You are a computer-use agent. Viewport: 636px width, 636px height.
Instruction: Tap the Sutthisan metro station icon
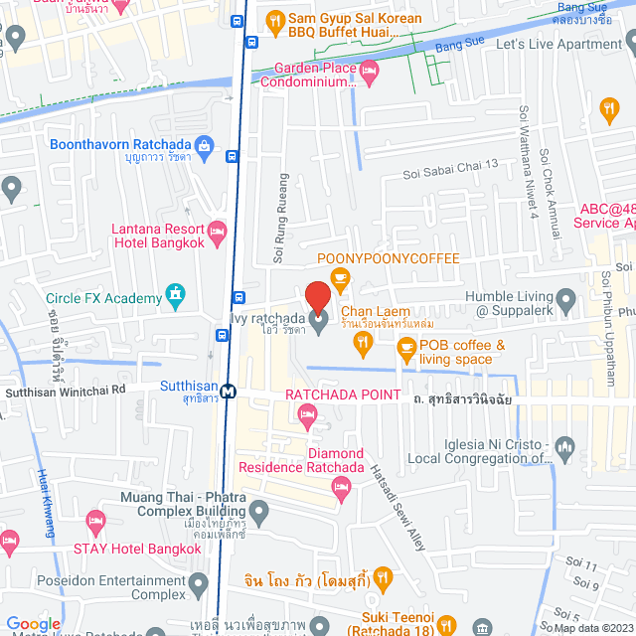(229, 391)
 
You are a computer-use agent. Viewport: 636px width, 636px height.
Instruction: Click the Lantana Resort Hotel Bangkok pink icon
(218, 233)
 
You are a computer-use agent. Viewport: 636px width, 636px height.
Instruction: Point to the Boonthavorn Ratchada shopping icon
(205, 146)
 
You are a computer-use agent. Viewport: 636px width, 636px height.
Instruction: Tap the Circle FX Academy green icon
(176, 295)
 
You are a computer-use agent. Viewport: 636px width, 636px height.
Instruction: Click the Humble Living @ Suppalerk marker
(565, 297)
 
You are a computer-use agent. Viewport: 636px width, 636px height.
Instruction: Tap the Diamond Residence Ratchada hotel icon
(342, 486)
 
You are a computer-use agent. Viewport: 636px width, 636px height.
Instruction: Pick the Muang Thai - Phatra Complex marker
(260, 513)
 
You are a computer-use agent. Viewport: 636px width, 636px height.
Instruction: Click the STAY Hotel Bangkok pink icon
(95, 520)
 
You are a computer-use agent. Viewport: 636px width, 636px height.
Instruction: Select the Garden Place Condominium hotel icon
(369, 70)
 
